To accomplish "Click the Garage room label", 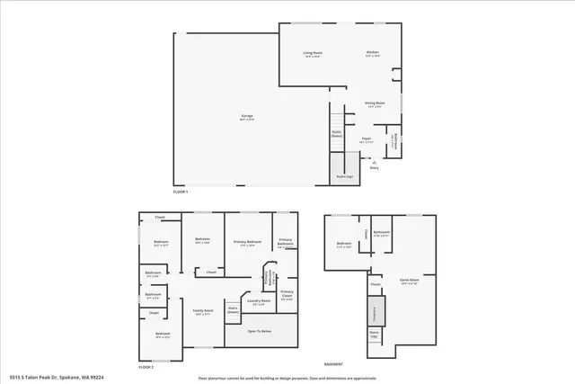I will coord(246,116).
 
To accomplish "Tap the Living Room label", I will coord(312,53).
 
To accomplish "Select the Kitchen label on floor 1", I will coord(372,53).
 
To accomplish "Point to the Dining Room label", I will coord(374,103).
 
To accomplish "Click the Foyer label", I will coord(366,140).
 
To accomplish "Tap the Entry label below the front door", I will coord(374,168).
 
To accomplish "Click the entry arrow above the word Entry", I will coord(374,162).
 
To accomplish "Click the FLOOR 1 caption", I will coord(182,192).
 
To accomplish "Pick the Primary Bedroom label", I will coord(247,242).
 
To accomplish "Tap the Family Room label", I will coord(203,311).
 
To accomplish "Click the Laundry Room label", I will coord(261,302).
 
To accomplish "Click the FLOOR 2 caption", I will coord(146,367).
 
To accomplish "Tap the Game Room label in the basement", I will coord(410,280).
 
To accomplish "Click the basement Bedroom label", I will coord(344,244).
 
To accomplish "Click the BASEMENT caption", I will coord(332,363).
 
